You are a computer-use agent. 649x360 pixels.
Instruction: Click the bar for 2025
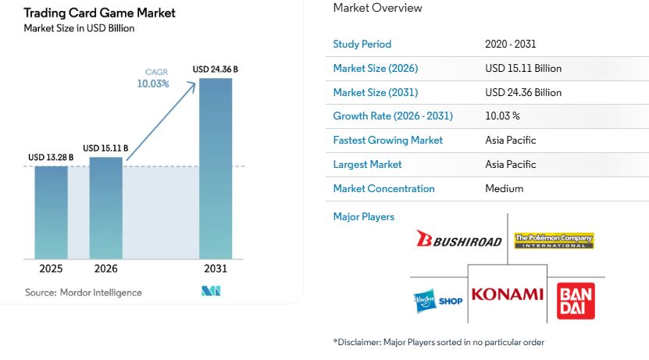pyautogui.click(x=51, y=212)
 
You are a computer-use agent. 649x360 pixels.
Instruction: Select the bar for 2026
pyautogui.click(x=106, y=209)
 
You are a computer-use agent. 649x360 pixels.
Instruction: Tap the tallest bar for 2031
pyautogui.click(x=216, y=169)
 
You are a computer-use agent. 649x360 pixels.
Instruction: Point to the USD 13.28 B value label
pyautogui.click(x=51, y=157)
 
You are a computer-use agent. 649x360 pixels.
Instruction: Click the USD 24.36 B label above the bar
pyautogui.click(x=216, y=69)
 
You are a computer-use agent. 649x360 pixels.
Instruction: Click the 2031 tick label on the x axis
pyautogui.click(x=216, y=269)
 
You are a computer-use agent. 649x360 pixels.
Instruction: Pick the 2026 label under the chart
pyautogui.click(x=106, y=269)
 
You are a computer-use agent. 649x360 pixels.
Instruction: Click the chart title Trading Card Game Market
pyautogui.click(x=99, y=12)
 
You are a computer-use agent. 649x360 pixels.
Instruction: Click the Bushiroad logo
pyautogui.click(x=459, y=238)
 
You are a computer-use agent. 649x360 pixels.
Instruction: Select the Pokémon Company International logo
pyautogui.click(x=555, y=241)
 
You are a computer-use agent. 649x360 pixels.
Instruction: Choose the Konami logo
pyautogui.click(x=508, y=294)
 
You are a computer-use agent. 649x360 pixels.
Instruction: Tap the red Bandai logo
pyautogui.click(x=576, y=301)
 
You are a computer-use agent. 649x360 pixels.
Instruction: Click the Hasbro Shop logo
pyautogui.click(x=438, y=301)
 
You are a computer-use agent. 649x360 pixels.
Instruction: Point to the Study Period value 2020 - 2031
pyautogui.click(x=510, y=44)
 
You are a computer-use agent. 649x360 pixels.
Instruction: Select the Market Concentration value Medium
pyautogui.click(x=505, y=189)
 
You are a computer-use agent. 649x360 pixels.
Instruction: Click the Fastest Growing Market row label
pyautogui.click(x=388, y=141)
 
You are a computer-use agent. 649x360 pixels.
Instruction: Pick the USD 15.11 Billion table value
pyautogui.click(x=523, y=68)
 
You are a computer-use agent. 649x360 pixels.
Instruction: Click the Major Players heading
pyautogui.click(x=364, y=217)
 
